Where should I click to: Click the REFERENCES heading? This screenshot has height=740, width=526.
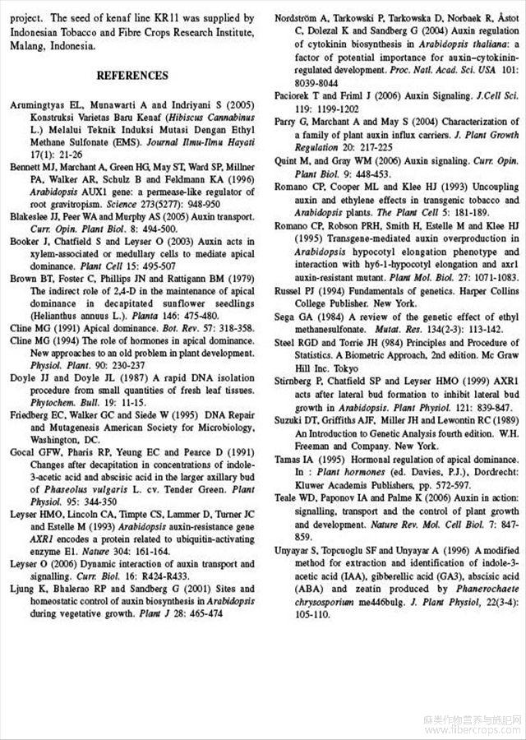(131, 76)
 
